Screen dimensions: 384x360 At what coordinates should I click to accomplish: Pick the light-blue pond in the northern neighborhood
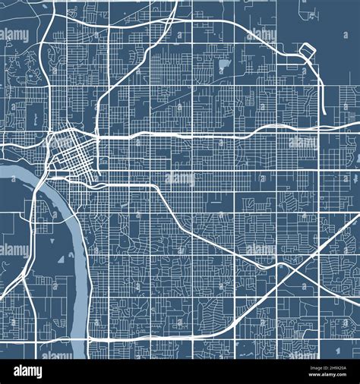click(223, 66)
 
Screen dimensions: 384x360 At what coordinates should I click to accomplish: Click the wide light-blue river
click(72, 228)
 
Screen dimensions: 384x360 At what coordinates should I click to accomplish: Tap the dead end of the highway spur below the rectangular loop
click(324, 114)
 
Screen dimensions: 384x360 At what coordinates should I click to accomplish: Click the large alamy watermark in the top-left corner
click(14, 35)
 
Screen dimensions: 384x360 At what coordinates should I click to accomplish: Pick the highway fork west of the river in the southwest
click(30, 250)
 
